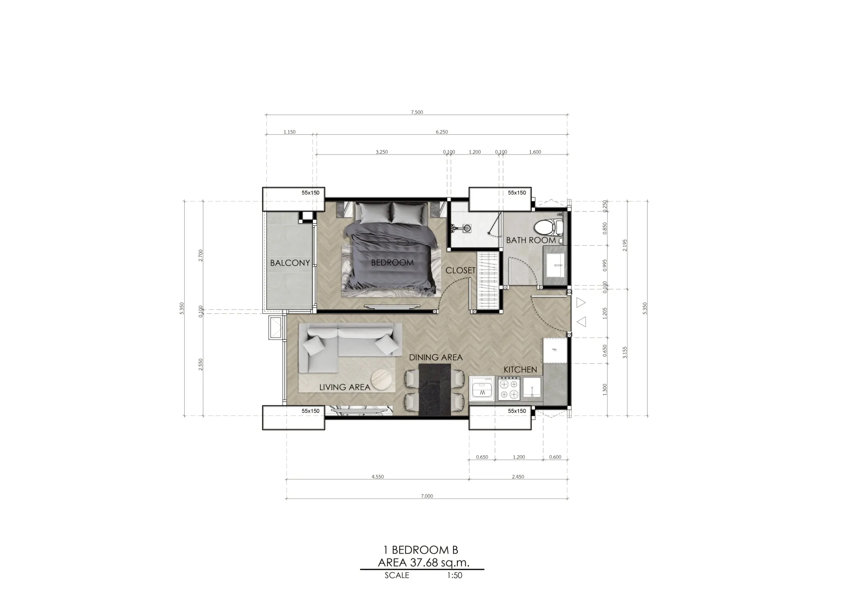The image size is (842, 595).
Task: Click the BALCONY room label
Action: point(290,263)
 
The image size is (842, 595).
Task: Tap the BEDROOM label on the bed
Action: point(392,263)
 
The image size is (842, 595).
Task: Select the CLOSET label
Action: point(460,270)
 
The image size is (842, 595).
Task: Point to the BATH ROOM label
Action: point(531,240)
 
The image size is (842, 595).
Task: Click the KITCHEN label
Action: point(520,370)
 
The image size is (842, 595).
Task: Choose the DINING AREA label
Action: point(436,357)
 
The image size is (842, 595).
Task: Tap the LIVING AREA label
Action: point(345,387)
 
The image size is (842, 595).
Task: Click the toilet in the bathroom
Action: point(548,226)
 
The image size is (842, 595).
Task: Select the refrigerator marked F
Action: point(554,351)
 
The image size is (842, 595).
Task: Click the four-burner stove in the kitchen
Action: point(509,389)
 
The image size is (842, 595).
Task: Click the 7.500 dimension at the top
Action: point(417,112)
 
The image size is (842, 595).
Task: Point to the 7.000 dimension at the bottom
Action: point(427,496)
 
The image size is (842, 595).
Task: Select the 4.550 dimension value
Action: point(377,477)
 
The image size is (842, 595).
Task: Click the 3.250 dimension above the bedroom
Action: point(382,152)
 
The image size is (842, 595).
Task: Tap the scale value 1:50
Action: point(455,575)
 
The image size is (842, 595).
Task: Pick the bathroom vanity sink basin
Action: point(555,265)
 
